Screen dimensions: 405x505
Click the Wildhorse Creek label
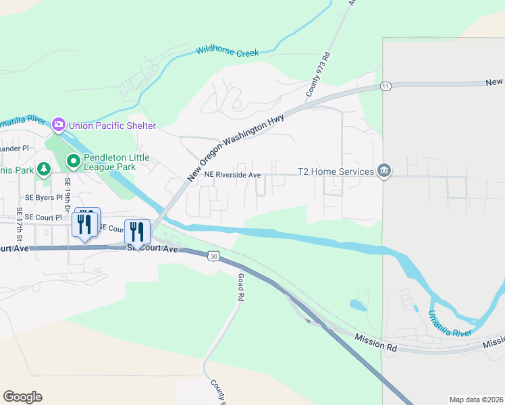click(227, 51)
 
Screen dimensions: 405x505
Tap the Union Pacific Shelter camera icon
click(59, 124)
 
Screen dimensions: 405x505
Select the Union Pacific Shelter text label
click(111, 126)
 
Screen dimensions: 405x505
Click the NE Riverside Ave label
click(233, 175)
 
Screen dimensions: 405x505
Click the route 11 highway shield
click(385, 86)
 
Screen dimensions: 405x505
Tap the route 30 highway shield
click(213, 256)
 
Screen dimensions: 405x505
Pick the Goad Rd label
click(242, 287)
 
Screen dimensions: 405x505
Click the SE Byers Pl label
click(43, 198)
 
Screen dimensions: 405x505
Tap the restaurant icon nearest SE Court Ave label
click(137, 232)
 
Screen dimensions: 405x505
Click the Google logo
click(22, 397)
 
